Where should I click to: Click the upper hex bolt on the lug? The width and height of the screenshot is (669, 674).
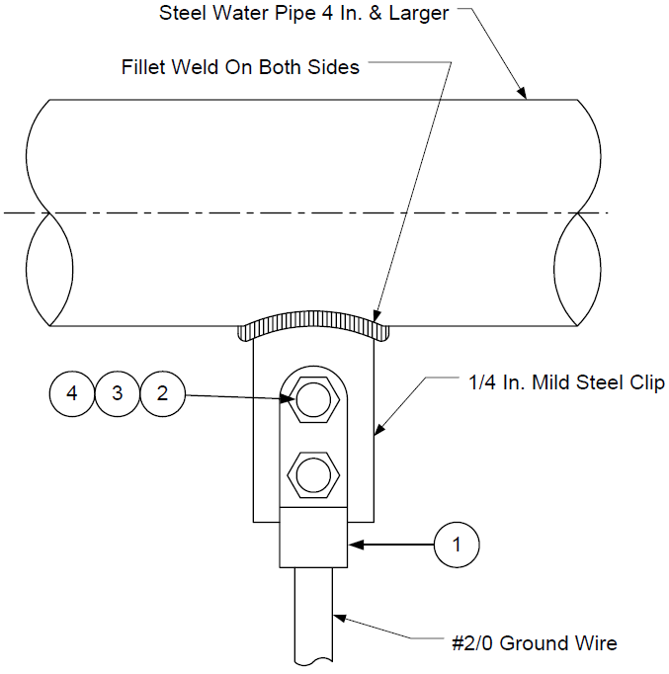(x=313, y=400)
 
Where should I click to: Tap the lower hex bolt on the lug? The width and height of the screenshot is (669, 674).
(x=313, y=475)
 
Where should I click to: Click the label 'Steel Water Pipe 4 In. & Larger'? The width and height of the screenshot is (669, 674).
(x=303, y=13)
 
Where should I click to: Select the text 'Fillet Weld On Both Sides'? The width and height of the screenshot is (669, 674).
(x=240, y=67)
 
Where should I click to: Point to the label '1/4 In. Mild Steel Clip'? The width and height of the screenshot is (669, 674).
(x=566, y=382)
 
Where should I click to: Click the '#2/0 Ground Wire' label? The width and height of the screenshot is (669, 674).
(x=535, y=643)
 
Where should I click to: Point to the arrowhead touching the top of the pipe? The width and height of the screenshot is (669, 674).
(x=522, y=93)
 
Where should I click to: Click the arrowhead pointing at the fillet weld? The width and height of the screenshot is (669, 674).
(x=376, y=316)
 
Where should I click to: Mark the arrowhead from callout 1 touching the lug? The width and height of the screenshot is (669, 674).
(x=356, y=545)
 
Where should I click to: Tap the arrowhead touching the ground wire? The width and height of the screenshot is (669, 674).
(x=340, y=618)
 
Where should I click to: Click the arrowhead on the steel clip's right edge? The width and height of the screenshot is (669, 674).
(x=379, y=430)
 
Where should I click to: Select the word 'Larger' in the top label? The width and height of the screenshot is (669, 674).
(x=419, y=14)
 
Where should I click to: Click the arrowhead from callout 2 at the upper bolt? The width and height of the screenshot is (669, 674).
(x=287, y=399)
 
